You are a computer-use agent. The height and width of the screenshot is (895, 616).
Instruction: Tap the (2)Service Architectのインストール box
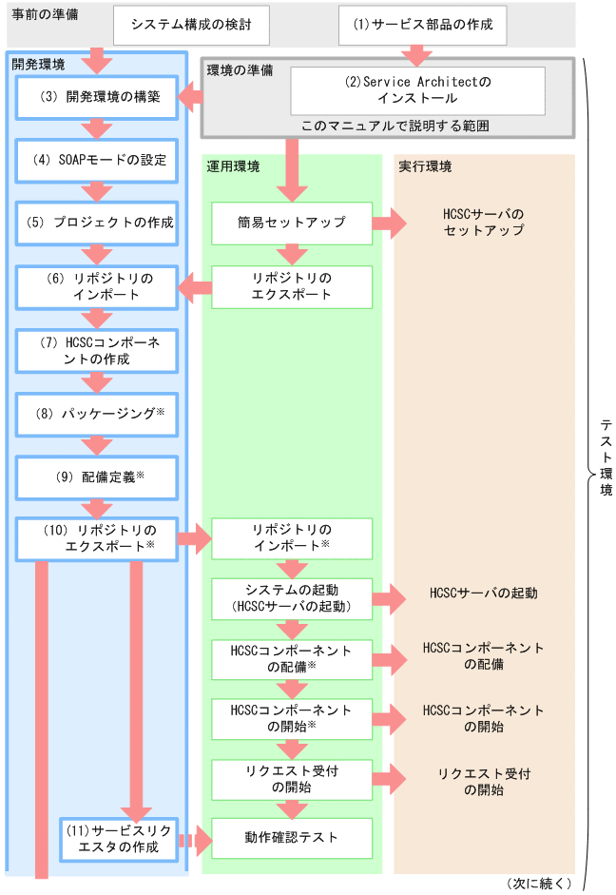(x=417, y=90)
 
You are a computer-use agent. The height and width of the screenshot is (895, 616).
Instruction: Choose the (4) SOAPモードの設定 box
(x=97, y=161)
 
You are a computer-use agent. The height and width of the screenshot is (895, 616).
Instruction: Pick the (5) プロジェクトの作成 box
(x=97, y=224)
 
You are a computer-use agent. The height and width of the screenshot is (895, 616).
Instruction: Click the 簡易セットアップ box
(x=292, y=224)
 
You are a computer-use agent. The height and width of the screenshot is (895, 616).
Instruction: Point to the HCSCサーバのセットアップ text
(x=483, y=224)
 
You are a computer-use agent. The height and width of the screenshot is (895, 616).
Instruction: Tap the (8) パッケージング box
(x=97, y=415)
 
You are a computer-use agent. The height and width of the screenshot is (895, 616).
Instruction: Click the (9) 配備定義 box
(x=97, y=477)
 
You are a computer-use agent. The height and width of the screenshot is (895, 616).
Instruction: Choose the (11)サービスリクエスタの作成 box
(x=119, y=839)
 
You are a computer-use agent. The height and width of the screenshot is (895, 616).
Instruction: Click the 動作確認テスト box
(x=292, y=839)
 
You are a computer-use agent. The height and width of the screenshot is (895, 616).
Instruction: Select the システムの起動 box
(x=292, y=598)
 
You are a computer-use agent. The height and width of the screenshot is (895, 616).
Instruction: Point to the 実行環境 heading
(x=424, y=166)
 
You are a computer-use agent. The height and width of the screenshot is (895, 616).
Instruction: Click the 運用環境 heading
(x=232, y=166)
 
